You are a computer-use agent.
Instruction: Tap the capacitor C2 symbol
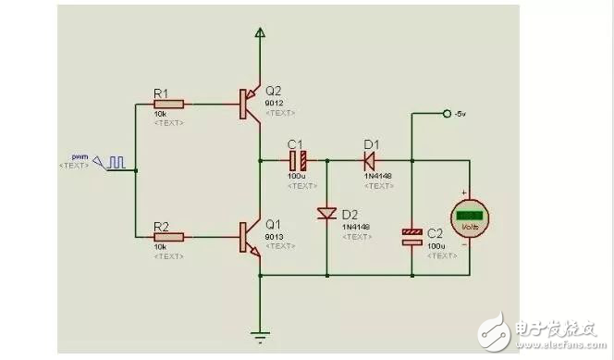[x=412, y=237]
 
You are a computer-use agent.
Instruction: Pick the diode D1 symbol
[x=369, y=158]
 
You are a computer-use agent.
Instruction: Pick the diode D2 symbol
[x=326, y=214]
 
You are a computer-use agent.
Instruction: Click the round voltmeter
[x=469, y=217]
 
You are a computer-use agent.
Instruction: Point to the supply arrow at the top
[x=260, y=35]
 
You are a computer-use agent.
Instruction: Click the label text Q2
[x=273, y=91]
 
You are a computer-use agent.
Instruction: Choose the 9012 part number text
[x=276, y=102]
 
